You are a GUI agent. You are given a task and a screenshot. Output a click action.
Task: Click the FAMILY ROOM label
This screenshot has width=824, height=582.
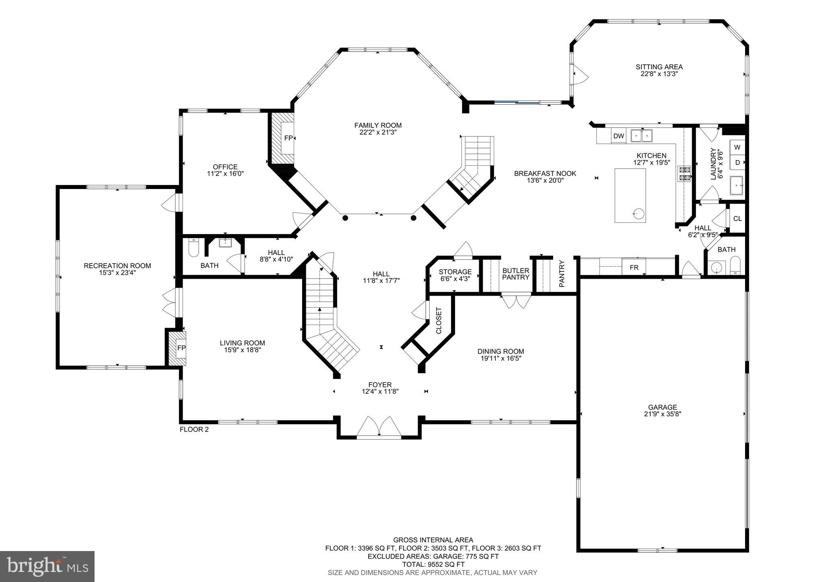pos(378,125)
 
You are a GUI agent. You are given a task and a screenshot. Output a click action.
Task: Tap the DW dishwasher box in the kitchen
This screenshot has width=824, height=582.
pos(618,136)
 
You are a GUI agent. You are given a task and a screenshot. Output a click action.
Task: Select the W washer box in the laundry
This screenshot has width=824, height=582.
pos(737,148)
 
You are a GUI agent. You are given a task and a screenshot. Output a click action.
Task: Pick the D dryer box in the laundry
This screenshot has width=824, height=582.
pos(737,163)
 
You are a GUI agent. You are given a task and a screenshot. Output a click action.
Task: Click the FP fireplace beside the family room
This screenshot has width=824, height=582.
pos(288,138)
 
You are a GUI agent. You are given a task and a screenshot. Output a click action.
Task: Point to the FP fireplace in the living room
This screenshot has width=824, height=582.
pos(181,348)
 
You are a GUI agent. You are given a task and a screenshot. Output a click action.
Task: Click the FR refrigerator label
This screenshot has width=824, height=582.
pos(634,267)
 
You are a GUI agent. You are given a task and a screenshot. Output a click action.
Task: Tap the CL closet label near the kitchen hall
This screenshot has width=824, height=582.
pos(737,219)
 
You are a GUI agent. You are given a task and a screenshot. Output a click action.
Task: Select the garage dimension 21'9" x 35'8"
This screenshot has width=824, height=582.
pos(662,414)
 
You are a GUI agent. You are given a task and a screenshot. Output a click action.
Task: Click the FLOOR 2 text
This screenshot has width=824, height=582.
pos(194,430)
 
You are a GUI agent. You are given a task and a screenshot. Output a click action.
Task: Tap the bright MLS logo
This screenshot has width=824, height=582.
pos(47,566)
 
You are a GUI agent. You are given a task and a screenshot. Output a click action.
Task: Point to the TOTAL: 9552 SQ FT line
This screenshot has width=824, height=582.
pos(433,564)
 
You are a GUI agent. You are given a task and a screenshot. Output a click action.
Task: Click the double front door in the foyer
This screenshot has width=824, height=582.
pos(379,427)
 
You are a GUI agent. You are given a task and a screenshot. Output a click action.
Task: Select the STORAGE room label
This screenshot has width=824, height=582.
pos(455,272)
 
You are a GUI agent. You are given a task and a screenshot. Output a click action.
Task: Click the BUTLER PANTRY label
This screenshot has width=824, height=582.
pos(516,274)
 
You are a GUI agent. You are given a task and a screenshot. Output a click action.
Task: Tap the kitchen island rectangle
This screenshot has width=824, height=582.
pos(630,195)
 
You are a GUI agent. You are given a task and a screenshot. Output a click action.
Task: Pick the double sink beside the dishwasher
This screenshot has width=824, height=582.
pos(641,136)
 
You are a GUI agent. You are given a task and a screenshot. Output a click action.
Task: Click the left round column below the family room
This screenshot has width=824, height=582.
pos(345,218)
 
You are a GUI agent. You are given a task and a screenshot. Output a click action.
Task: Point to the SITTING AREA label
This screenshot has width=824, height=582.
pos(659,67)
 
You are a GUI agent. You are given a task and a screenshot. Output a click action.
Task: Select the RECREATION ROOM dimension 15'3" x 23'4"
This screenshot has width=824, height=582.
pos(117,273)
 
